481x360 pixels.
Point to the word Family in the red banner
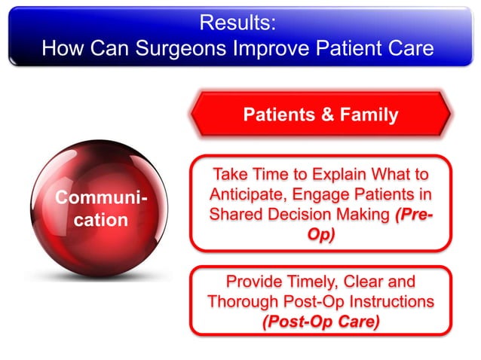point(367,115)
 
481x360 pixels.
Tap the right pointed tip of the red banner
point(449,116)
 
